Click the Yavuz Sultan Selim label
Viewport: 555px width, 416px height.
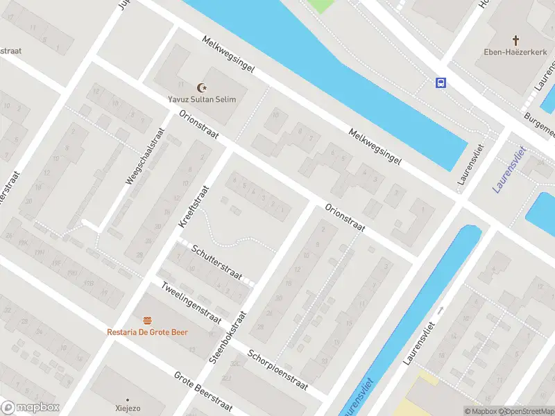pyautogui.click(x=202, y=99)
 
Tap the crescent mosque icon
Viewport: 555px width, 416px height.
pyautogui.click(x=203, y=87)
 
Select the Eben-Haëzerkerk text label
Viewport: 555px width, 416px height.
pyautogui.click(x=516, y=52)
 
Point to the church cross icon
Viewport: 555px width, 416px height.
pyautogui.click(x=516, y=40)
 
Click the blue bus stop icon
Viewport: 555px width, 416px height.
pyautogui.click(x=441, y=83)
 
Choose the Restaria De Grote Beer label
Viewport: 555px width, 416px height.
pyautogui.click(x=147, y=331)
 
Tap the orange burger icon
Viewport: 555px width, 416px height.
pyautogui.click(x=147, y=320)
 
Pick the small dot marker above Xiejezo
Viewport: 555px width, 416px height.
pyautogui.click(x=126, y=400)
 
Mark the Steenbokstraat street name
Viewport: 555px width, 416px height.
pyautogui.click(x=228, y=337)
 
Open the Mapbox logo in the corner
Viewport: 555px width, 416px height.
pyautogui.click(x=31, y=408)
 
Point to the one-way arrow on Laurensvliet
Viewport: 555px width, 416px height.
pyautogui.click(x=440, y=310)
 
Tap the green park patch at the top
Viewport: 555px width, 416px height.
pyautogui.click(x=320, y=6)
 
